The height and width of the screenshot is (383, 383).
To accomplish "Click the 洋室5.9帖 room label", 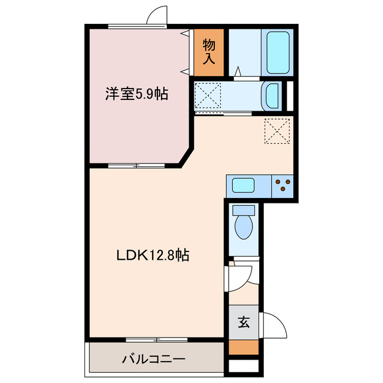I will point(136,94).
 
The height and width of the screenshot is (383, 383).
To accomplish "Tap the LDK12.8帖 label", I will point(153,256).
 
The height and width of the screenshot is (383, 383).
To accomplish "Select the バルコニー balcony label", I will point(154,360).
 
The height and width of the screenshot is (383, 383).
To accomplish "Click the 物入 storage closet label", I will point(209,52).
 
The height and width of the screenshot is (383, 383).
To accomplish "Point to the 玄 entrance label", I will point(244,323).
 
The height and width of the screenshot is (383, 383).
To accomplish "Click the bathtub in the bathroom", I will point(278,53).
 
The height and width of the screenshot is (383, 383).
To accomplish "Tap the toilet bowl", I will point(244,227).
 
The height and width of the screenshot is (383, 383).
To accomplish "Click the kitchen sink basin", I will point(244,186).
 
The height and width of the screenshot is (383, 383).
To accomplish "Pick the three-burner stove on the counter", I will point(282,186).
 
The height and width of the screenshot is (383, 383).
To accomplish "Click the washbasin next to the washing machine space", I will point(272,95).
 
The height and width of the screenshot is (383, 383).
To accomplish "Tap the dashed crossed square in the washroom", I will point(208,95).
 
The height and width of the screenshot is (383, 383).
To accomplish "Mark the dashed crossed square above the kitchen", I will point(276,131).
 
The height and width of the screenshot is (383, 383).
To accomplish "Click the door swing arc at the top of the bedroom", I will point(157,16).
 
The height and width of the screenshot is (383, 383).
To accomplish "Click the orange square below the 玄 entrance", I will point(244,348).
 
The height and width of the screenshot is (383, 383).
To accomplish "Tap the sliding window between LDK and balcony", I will point(157,340).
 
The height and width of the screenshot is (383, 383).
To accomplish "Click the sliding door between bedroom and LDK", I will point(136,164).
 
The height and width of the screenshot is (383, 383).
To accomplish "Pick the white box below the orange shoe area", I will point(244,366).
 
